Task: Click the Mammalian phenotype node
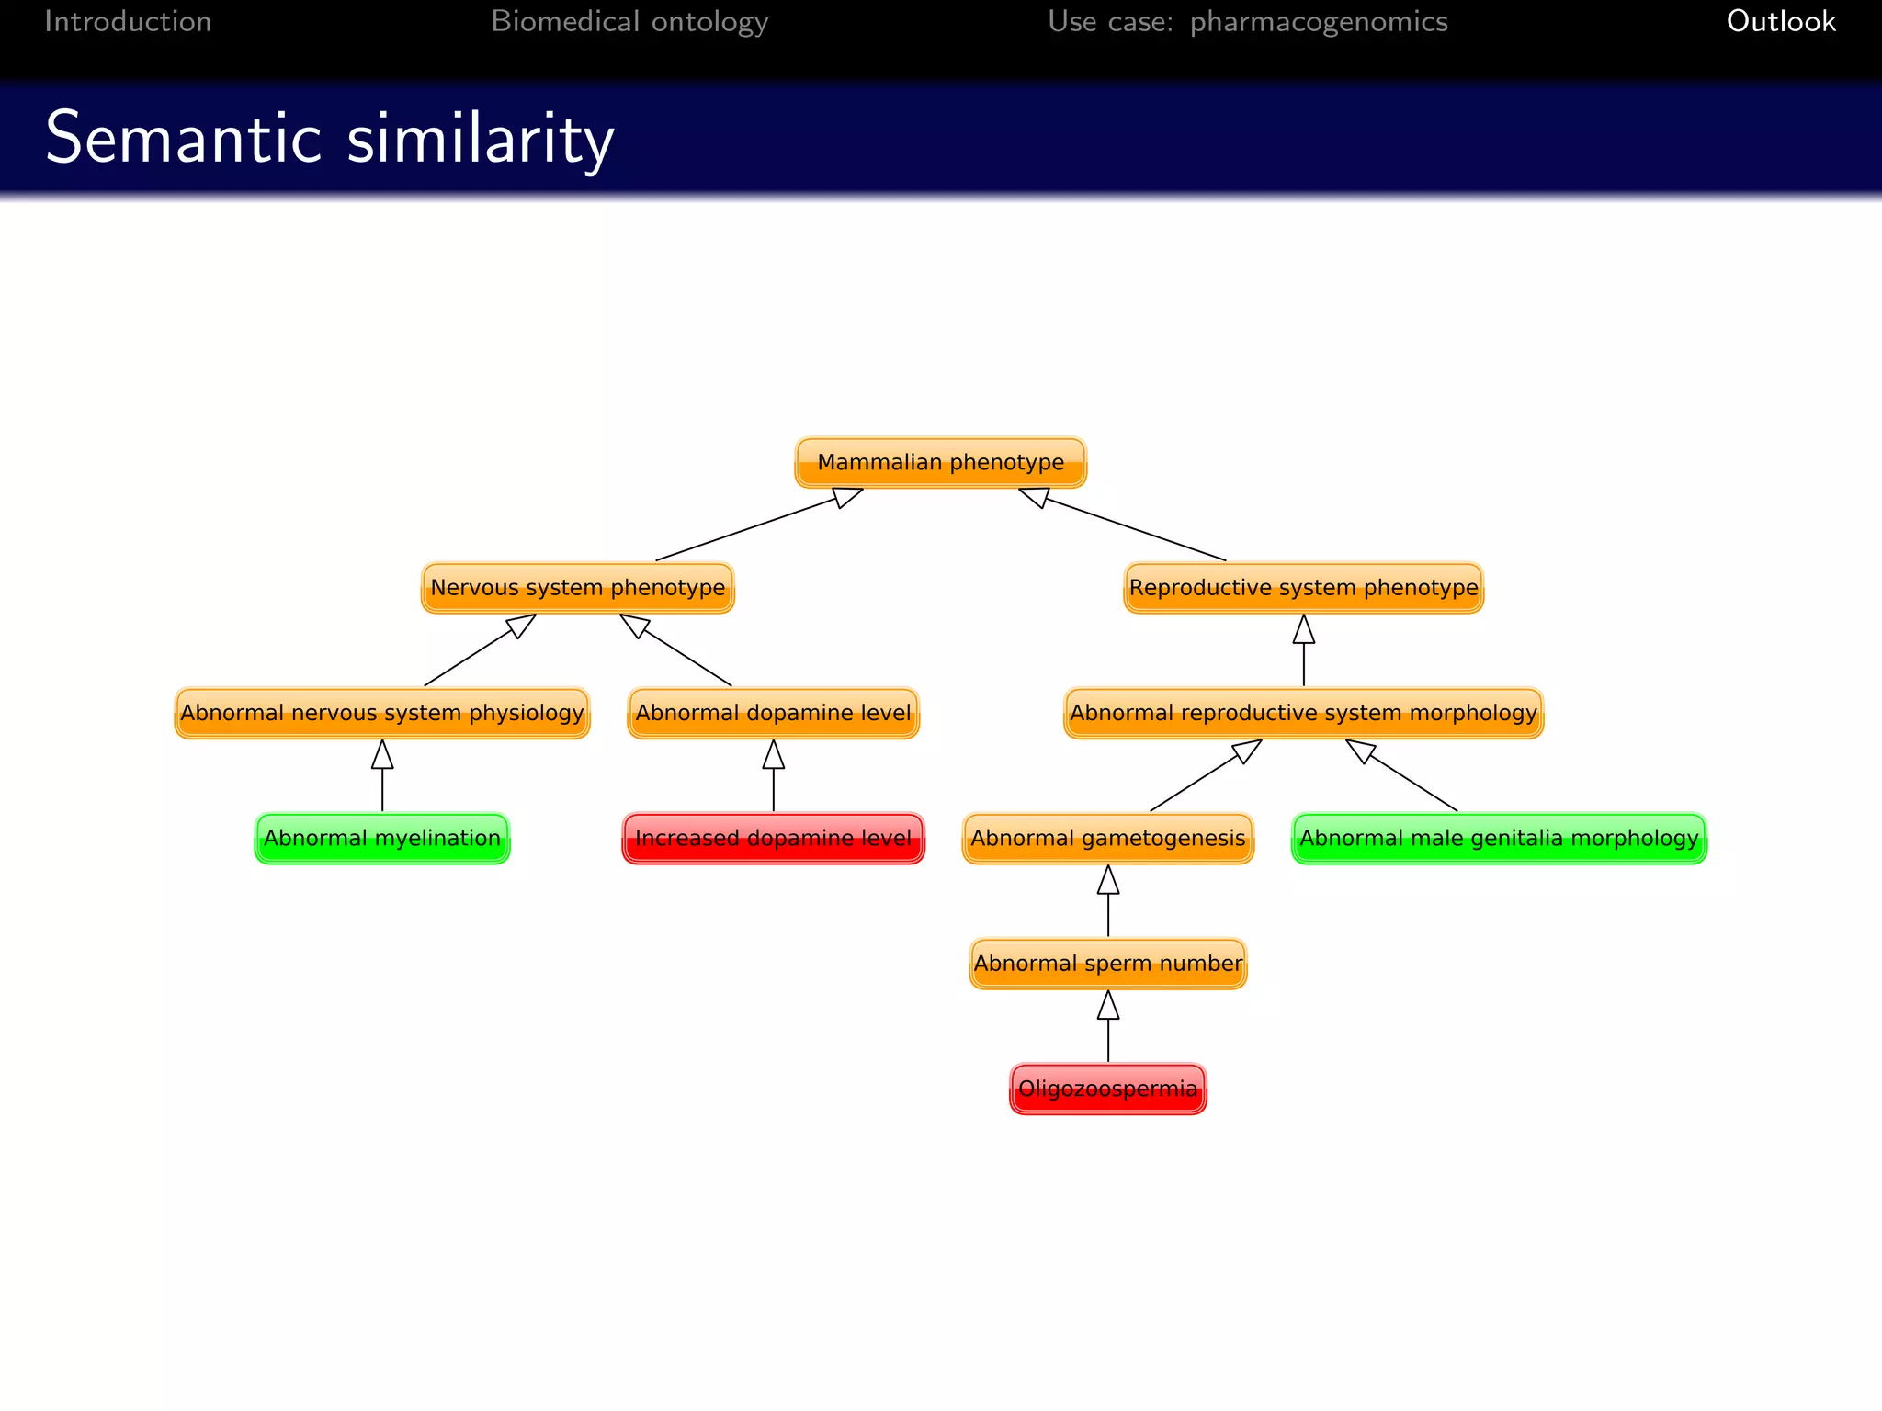pyautogui.click(x=940, y=462)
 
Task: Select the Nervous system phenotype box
pyautogui.click(x=577, y=588)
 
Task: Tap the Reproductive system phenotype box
pyautogui.click(x=1303, y=588)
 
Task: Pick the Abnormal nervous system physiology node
pyautogui.click(x=381, y=713)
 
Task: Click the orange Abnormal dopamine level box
pyautogui.click(x=773, y=713)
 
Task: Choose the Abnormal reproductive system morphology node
pyautogui.click(x=1303, y=713)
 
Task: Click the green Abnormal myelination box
pyautogui.click(x=381, y=838)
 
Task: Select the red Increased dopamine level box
pyautogui.click(x=773, y=838)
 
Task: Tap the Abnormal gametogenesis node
pyautogui.click(x=1107, y=838)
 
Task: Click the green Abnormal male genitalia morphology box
pyautogui.click(x=1499, y=838)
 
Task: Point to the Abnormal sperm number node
pyautogui.click(x=1107, y=964)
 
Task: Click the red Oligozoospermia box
pyautogui.click(x=1107, y=1089)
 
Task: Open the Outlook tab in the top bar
pyautogui.click(x=1780, y=21)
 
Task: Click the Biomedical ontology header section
pyautogui.click(x=629, y=21)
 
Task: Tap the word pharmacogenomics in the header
pyautogui.click(x=1318, y=21)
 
